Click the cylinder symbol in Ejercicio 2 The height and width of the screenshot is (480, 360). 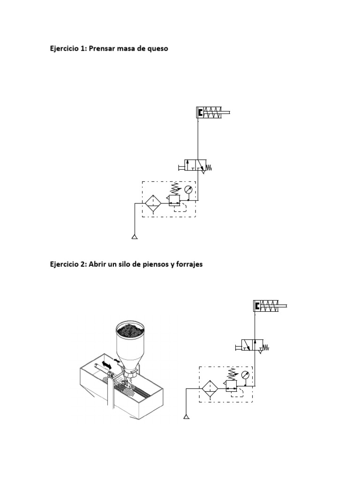coord(270,306)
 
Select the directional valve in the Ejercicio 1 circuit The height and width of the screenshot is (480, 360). coord(196,165)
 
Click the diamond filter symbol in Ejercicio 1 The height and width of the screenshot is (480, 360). coord(153,202)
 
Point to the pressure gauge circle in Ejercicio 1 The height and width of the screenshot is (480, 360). coord(187,190)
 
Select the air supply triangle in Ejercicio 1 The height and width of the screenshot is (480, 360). coord(135,237)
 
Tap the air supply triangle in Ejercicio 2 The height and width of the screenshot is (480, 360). coord(187,416)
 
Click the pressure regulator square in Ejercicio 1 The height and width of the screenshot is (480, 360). coord(173,201)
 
